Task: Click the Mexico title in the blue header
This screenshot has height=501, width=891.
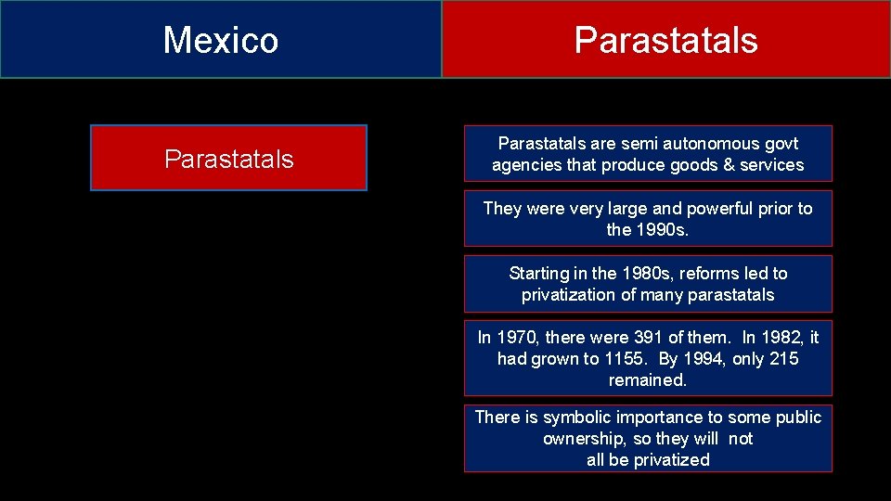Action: (x=221, y=40)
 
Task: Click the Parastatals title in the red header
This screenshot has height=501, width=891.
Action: (x=665, y=40)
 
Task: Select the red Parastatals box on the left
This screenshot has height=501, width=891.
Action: (x=228, y=159)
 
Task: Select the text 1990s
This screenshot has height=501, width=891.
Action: (x=660, y=230)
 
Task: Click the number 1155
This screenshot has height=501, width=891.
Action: (x=624, y=359)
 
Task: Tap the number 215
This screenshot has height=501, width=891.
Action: (x=783, y=359)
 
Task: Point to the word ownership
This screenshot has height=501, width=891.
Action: (x=584, y=439)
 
